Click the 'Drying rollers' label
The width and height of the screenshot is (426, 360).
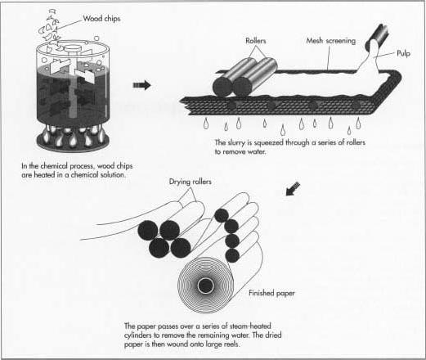tap(191, 182)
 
